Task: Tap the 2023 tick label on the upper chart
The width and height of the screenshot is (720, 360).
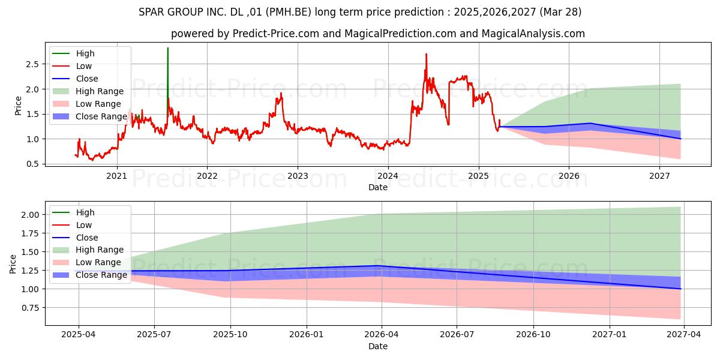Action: pos(298,176)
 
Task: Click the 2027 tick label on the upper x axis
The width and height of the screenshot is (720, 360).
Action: pos(659,176)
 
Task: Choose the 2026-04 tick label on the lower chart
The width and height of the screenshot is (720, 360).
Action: pos(382,335)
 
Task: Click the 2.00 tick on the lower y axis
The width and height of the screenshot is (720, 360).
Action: pos(29,215)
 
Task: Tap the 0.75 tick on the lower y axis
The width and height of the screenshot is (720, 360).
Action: pos(29,308)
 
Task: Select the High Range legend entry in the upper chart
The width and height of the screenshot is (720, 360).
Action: pos(100,91)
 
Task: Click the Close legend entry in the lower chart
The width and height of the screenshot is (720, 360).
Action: pos(87,238)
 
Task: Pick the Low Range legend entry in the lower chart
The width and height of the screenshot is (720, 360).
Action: pos(98,262)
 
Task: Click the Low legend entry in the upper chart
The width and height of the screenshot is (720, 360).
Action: pos(84,66)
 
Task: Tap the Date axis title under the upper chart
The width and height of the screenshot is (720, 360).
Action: pos(378,187)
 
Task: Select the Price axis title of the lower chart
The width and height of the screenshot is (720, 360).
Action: pos(13,263)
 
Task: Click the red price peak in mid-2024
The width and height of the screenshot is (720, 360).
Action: pos(426,55)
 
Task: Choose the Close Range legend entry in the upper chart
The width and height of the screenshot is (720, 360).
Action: pos(101,116)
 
